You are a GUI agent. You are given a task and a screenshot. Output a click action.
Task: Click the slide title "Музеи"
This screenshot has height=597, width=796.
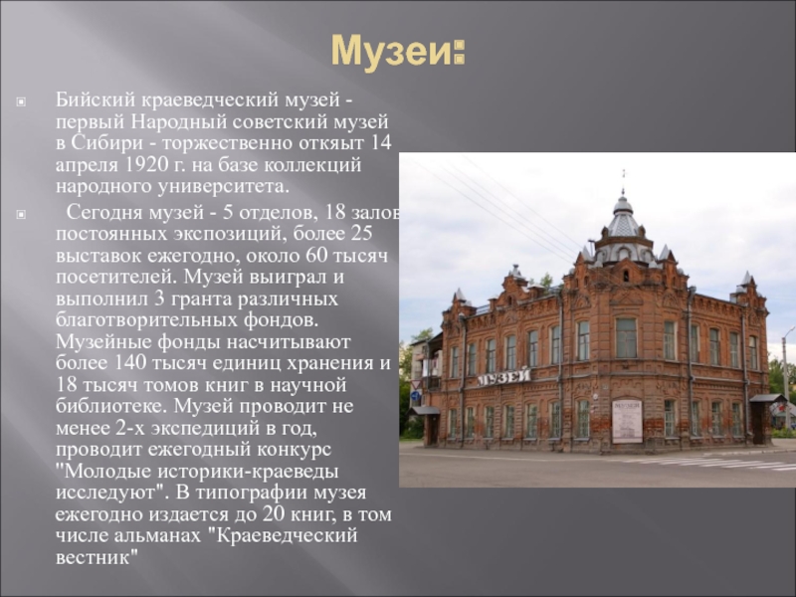tap(391, 51)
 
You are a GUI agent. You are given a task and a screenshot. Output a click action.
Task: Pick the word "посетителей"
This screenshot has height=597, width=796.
tap(116, 278)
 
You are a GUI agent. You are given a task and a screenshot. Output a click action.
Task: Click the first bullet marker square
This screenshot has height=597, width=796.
tap(21, 102)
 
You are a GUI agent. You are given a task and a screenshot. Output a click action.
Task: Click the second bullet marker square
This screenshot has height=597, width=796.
tap(21, 215)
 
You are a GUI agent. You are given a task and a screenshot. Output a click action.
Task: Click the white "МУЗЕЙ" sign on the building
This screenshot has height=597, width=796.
tap(503, 377)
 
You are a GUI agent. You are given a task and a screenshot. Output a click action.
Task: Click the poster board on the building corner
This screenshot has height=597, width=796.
tap(627, 421)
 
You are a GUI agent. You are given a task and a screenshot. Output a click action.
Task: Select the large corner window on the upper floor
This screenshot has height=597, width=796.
tap(626, 338)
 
